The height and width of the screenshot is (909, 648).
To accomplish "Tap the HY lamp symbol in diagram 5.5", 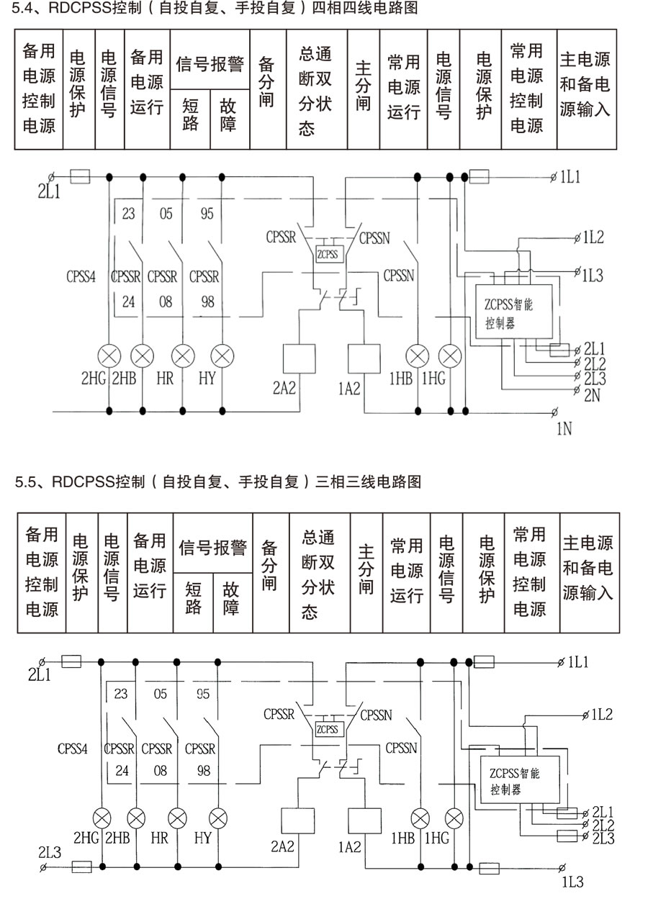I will (219, 818).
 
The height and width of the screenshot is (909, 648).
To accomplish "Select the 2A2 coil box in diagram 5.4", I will (300, 358).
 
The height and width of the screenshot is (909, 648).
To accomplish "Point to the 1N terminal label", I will (564, 430).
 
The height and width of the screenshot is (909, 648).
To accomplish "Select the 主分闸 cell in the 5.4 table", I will (364, 89).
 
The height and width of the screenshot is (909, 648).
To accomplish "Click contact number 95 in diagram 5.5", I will (204, 694).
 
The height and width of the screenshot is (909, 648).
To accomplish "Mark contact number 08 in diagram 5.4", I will (166, 302).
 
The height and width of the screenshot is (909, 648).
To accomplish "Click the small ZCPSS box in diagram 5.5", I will (328, 729).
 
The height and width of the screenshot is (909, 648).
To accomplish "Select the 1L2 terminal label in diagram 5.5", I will (601, 715).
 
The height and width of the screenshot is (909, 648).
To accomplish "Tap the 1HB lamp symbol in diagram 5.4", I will (418, 356).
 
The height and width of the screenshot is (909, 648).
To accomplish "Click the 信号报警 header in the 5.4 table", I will (210, 64).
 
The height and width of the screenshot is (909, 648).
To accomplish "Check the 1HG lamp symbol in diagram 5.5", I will (453, 818).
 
